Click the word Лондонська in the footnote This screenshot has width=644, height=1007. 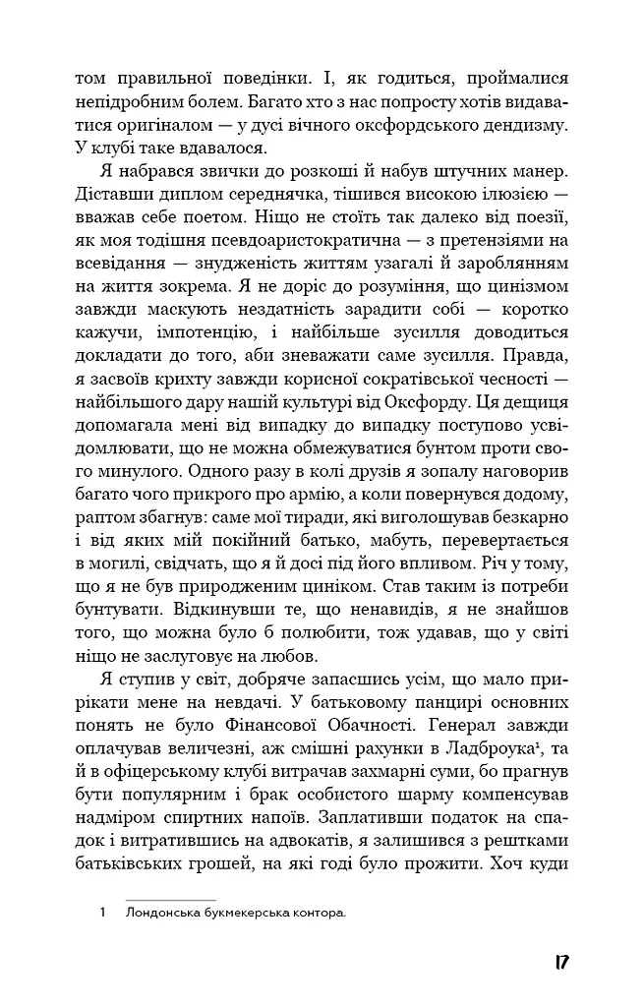(x=164, y=914)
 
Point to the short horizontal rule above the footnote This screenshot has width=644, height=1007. (x=170, y=899)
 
